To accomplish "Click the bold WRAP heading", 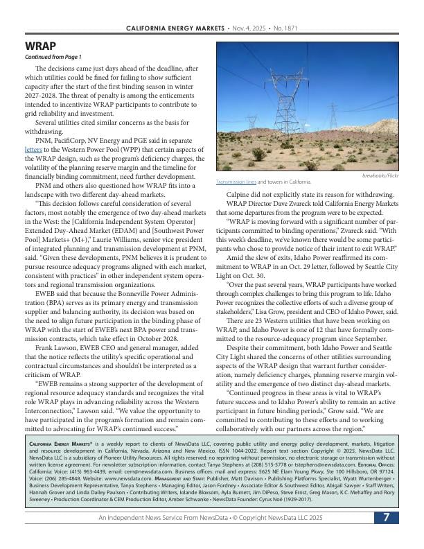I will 40,46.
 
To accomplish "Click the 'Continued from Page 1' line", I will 53,57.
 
